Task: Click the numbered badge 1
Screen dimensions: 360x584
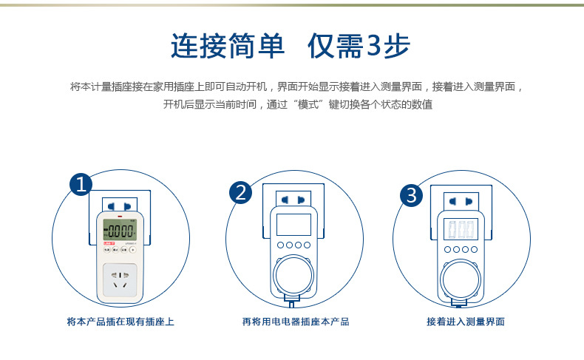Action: [81, 185]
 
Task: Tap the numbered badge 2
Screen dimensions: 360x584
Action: [240, 193]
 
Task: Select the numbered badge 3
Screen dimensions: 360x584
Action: [411, 195]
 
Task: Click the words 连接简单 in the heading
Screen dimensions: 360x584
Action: [228, 47]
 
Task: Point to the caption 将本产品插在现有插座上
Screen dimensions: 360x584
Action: [120, 322]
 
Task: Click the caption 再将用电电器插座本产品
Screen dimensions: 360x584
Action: [295, 322]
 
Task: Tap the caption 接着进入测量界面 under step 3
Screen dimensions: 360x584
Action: [466, 322]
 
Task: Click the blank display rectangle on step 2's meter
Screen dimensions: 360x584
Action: [293, 225]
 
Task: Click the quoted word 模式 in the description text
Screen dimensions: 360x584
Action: [318, 105]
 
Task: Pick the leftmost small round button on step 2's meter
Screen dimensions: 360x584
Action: [280, 245]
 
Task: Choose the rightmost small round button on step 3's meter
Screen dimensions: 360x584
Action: [475, 249]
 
